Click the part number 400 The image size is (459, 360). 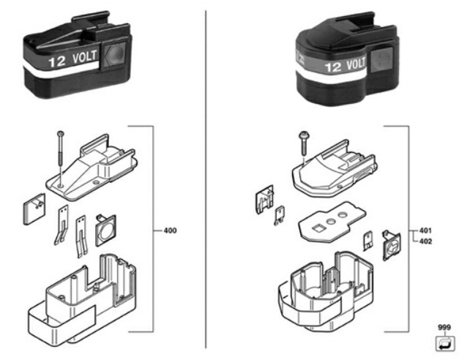169,230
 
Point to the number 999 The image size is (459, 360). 444,329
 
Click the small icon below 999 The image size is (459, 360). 444,342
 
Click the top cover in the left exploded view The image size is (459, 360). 92,173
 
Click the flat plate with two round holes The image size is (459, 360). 330,222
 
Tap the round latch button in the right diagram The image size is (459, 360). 391,244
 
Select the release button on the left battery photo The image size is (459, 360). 114,56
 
